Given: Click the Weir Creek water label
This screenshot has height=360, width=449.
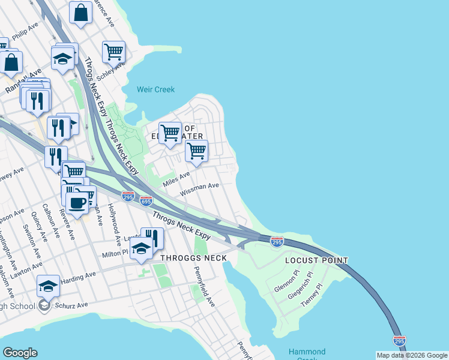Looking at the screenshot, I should click(x=155, y=89).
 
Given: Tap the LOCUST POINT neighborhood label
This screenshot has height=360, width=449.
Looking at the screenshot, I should click(x=316, y=261).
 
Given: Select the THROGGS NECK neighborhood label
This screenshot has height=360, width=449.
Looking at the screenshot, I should click(x=194, y=258).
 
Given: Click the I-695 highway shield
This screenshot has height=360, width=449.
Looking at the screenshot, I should click(x=146, y=201).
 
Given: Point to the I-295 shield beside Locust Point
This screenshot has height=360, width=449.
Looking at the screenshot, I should click(x=277, y=242).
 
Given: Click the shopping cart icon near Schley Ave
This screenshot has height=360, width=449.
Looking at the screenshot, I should click(x=113, y=52).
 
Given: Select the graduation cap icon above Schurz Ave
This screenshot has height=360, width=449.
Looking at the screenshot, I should click(x=48, y=286).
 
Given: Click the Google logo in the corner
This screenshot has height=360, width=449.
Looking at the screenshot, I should click(x=20, y=353).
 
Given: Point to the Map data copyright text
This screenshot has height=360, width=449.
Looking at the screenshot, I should click(x=412, y=355).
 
